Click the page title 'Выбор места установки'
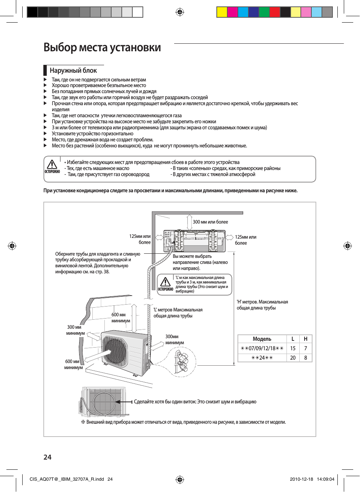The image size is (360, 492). [x=102, y=48]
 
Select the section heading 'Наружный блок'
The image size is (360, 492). [x=73, y=71]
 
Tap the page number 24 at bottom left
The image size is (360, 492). [x=47, y=457]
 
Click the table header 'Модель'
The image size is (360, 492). [x=262, y=339]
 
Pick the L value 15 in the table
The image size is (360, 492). [x=293, y=348]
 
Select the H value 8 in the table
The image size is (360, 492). [x=306, y=358]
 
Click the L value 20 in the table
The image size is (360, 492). [x=293, y=358]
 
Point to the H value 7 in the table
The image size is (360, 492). [x=306, y=348]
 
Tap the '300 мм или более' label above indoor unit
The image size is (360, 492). [x=210, y=222]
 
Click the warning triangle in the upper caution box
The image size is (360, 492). [x=52, y=164]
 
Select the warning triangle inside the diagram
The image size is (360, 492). [x=165, y=282]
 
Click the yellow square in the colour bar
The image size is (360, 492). [x=222, y=12]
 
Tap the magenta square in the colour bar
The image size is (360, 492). [x=232, y=12]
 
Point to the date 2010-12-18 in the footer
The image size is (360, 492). [x=301, y=479]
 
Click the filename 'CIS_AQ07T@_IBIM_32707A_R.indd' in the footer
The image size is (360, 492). [x=67, y=479]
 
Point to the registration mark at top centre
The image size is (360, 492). [x=180, y=12]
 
